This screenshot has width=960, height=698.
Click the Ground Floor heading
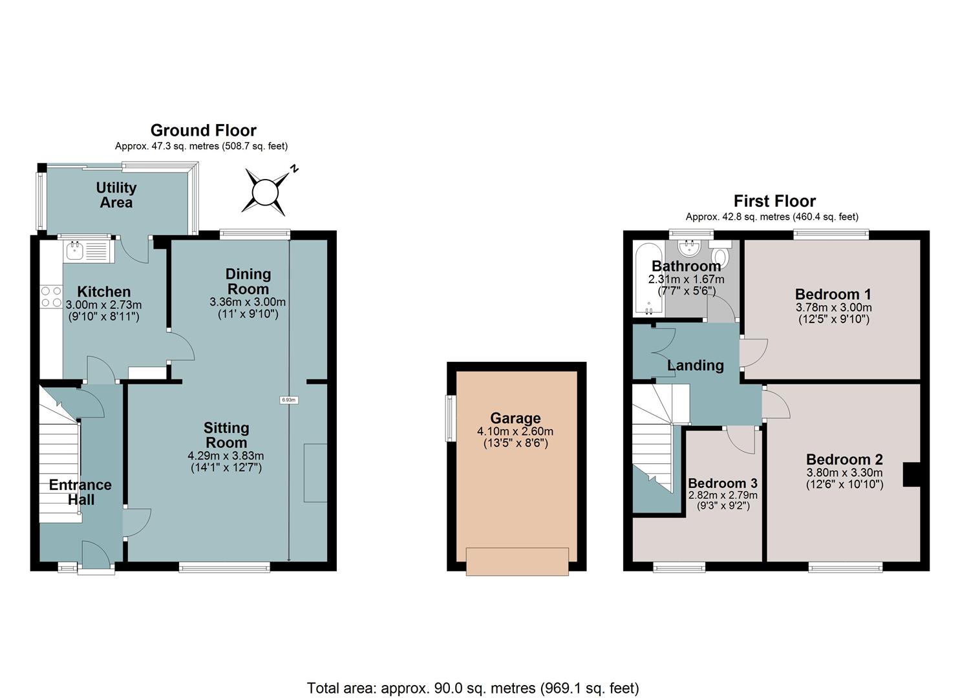pyautogui.click(x=203, y=131)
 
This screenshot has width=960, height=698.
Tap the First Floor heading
pyautogui.click(x=774, y=201)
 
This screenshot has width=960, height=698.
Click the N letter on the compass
pyautogui.click(x=294, y=169)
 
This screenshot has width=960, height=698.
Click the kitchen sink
pyautogui.click(x=88, y=251)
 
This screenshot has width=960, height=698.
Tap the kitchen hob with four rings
pyautogui.click(x=52, y=297)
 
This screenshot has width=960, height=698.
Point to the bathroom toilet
pyautogui.click(x=720, y=253)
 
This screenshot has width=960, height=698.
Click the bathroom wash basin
pyautogui.click(x=689, y=248)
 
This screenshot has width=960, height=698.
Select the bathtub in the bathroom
pyautogui.click(x=649, y=279)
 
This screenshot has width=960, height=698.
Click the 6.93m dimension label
pyautogui.click(x=289, y=400)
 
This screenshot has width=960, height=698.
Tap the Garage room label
pyautogui.click(x=515, y=418)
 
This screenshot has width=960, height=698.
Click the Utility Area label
pyautogui.click(x=116, y=195)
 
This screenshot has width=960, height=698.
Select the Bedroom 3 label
pyautogui.click(x=723, y=483)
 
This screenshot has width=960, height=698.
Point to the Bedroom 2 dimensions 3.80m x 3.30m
pyautogui.click(x=844, y=472)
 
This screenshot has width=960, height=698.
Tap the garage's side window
pyautogui.click(x=450, y=419)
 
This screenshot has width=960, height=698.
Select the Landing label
pyautogui.click(x=695, y=365)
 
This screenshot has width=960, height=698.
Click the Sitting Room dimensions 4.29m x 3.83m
pyautogui.click(x=226, y=456)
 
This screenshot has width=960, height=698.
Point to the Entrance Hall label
pyautogui.click(x=81, y=492)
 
